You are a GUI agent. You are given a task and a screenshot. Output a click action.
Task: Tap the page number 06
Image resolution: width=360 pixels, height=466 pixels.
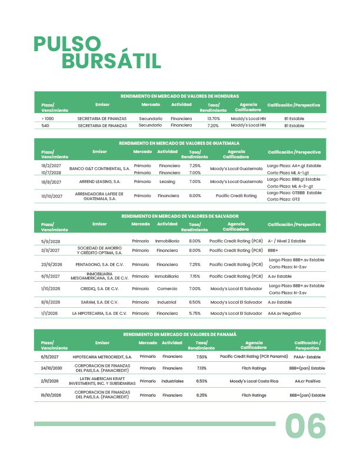pos(305,426)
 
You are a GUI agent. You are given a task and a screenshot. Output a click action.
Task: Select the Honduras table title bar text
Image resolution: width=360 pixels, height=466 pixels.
pos(179,96)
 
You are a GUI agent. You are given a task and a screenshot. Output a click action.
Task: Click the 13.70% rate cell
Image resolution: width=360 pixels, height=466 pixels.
pos(213,118)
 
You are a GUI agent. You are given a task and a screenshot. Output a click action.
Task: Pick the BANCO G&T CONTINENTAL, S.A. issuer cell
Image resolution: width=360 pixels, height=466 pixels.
pos(99,169)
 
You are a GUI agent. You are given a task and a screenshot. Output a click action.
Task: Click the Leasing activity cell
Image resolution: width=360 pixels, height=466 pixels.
pos(167,182)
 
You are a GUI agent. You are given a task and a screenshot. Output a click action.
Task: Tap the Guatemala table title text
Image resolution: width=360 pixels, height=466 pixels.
pos(179,143)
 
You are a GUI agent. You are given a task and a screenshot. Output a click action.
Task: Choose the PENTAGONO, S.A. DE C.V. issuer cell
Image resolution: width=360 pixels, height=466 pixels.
pos(102,264)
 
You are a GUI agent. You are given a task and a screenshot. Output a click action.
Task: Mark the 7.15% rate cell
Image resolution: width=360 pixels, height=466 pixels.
pos(195,276)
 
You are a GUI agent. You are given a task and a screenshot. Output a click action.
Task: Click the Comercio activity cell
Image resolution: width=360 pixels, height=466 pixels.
pos(167,289)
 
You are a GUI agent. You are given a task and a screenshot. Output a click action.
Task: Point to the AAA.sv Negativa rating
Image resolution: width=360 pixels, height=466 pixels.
pos(288,314)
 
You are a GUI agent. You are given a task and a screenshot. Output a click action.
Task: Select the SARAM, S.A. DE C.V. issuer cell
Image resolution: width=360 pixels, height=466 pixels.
pos(102,302)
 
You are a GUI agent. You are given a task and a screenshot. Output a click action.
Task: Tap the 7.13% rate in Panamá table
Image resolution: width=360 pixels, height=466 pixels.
pos(201,368)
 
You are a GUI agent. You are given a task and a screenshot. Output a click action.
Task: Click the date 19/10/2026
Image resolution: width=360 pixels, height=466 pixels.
pos(51,395)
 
